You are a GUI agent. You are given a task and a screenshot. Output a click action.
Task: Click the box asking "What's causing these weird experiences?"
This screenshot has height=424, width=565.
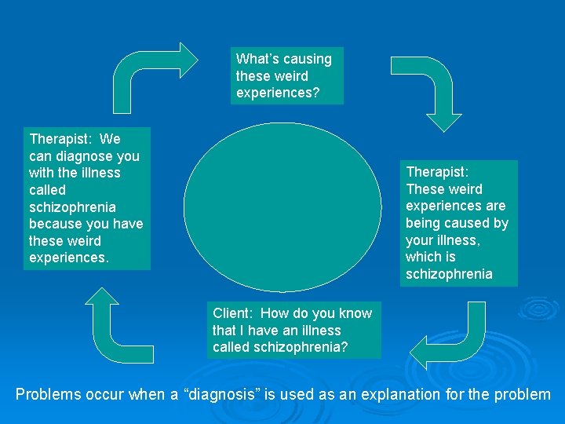[284, 76]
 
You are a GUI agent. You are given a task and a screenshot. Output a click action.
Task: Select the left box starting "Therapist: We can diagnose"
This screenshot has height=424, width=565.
[86, 199]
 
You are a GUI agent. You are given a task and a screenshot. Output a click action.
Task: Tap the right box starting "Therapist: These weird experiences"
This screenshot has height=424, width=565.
[458, 223]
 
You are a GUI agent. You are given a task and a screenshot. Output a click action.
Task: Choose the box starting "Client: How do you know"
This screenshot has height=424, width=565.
[293, 331]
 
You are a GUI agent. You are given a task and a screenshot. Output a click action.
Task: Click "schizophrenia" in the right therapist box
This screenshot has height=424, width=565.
[449, 274]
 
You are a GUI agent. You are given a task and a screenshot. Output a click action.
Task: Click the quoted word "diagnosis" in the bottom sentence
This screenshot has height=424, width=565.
[253, 394]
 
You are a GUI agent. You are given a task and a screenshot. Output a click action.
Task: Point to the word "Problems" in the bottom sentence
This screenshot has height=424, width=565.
[48, 394]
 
